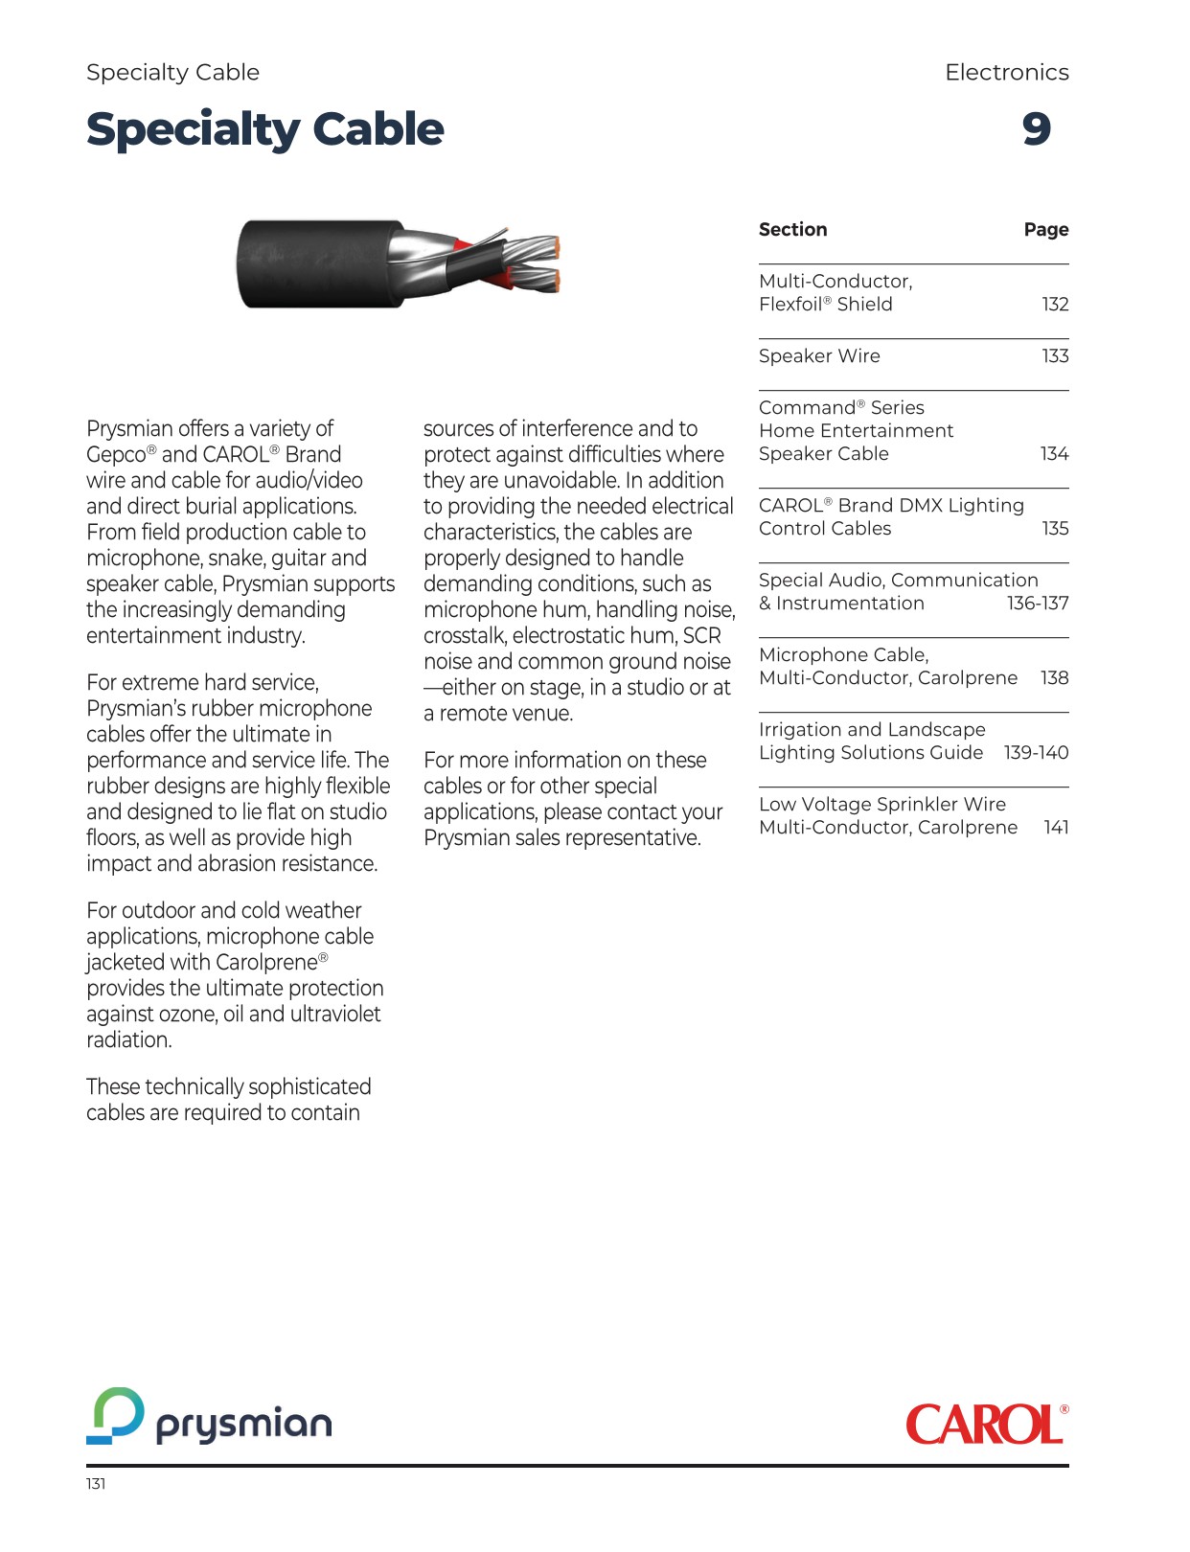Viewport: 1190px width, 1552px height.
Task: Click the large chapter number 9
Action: point(1036,129)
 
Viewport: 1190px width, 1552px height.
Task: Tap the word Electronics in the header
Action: point(1006,73)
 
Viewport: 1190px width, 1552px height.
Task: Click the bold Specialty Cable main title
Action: point(264,129)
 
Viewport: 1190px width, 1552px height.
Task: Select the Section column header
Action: point(792,230)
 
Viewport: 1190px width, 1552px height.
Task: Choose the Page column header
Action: point(1045,230)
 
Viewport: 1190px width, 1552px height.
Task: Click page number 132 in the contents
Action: point(1055,305)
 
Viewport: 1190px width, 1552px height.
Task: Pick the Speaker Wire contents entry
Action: point(819,356)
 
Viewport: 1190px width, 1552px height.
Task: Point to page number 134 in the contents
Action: point(1054,454)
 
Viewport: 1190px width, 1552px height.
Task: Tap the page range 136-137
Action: point(1038,604)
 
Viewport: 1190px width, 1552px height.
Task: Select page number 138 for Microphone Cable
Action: point(1054,678)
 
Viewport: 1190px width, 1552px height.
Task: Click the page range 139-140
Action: point(1036,753)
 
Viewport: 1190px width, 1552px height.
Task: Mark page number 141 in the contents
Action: point(1056,828)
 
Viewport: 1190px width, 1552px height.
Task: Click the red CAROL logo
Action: point(986,1425)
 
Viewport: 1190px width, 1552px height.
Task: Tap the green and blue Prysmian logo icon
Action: point(116,1415)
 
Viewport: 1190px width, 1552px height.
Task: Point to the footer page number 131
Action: point(96,1484)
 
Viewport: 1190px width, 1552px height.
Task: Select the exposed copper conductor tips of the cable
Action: point(550,264)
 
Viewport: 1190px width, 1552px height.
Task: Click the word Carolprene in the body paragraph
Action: point(265,963)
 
